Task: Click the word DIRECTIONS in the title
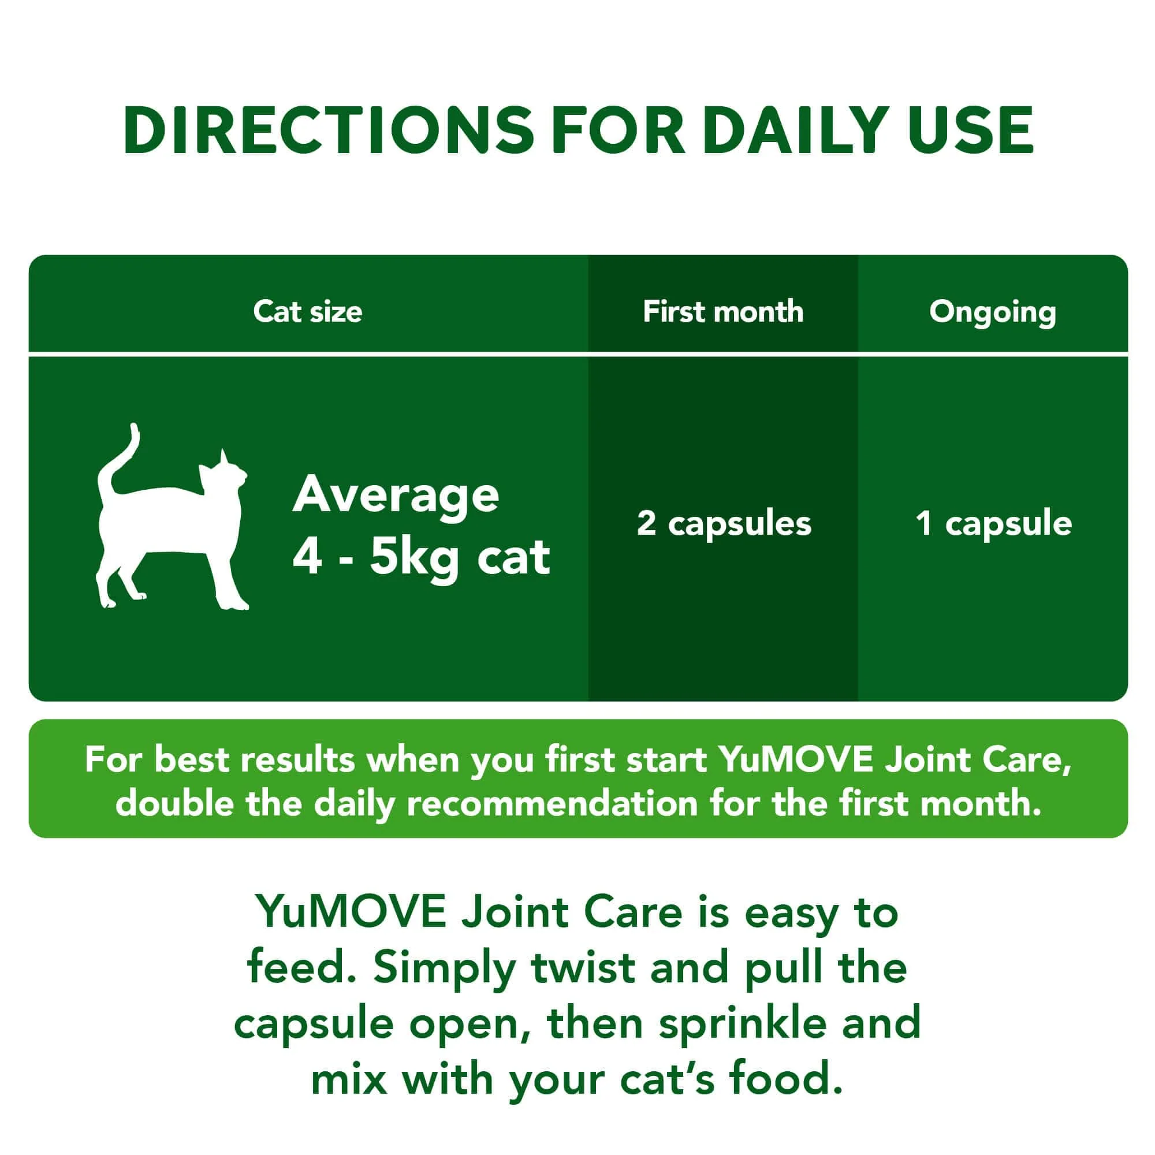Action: (328, 131)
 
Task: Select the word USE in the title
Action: (971, 131)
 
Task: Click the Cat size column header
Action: (307, 311)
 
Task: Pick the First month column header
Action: (723, 311)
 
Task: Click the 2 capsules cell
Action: (724, 523)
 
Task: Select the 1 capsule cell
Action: (993, 523)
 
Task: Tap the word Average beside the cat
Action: (395, 495)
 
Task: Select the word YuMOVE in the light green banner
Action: (796, 760)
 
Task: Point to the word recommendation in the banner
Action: (553, 803)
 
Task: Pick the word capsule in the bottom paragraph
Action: (313, 1024)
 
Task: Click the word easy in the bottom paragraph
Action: (792, 914)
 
